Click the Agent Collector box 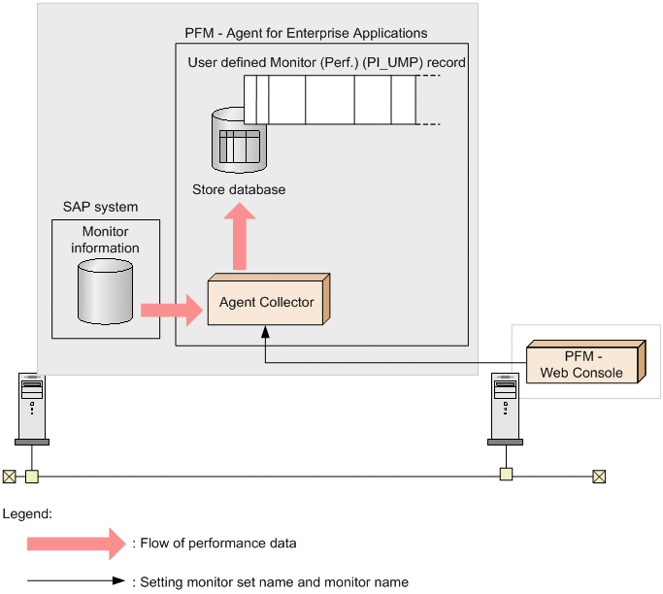click(267, 302)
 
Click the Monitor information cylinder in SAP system click(105, 290)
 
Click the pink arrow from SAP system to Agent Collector click(169, 311)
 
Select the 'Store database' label click(239, 189)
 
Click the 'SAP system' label click(100, 207)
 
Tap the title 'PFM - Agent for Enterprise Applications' click(306, 33)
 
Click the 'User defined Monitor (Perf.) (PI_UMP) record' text click(326, 62)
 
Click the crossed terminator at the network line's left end click(9, 477)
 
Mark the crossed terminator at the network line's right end click(599, 476)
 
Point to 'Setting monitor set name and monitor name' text click(275, 582)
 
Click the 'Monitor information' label click(105, 240)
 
